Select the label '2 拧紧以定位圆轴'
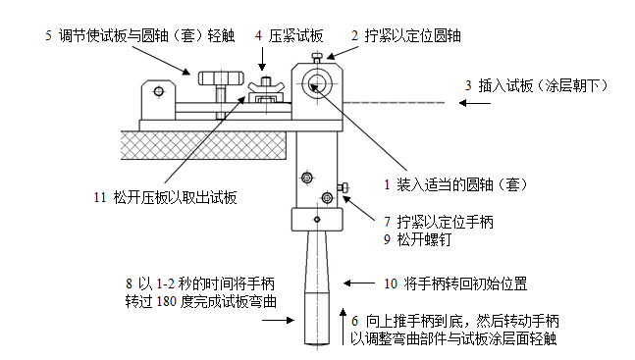click(x=405, y=35)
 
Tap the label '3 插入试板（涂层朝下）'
click(x=537, y=86)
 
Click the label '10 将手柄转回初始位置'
click(x=455, y=284)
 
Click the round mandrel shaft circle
click(x=316, y=81)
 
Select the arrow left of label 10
click(x=362, y=284)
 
